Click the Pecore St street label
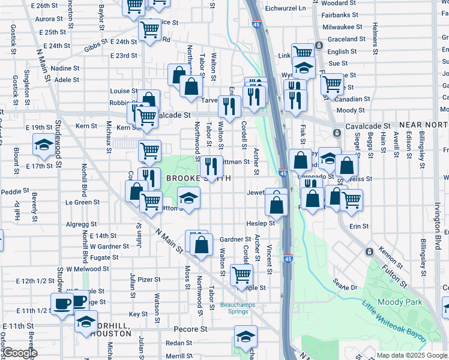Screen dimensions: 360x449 tap(190, 329)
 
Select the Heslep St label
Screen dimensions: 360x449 tap(261, 223)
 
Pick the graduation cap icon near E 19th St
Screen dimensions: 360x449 tap(43, 145)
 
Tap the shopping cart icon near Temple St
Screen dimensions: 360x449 tap(241, 275)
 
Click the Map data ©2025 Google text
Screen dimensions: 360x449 tap(411, 355)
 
